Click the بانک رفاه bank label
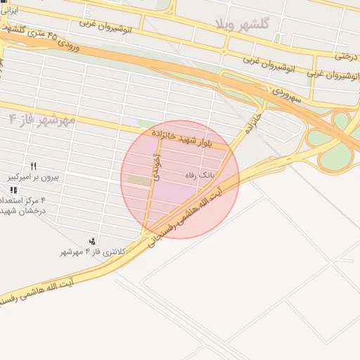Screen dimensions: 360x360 198,174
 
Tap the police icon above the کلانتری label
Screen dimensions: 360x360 92,241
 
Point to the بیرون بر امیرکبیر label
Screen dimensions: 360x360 34,177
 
